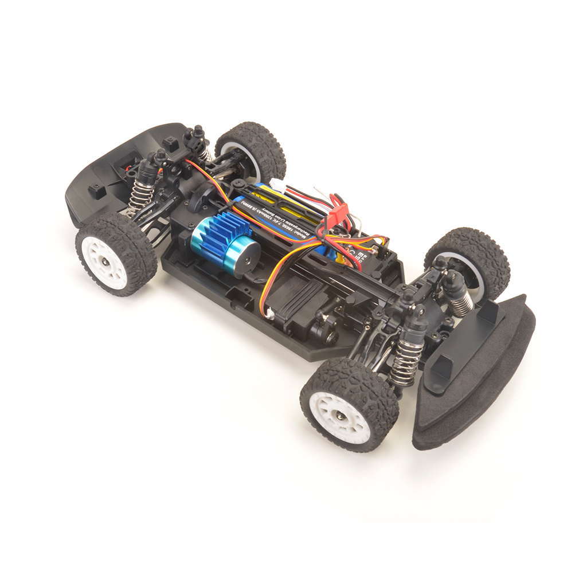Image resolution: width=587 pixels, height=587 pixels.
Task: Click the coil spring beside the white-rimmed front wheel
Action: (408, 361)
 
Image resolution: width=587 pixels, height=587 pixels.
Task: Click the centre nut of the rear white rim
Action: (107, 263)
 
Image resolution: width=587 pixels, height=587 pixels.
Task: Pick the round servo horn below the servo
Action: (330, 336)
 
